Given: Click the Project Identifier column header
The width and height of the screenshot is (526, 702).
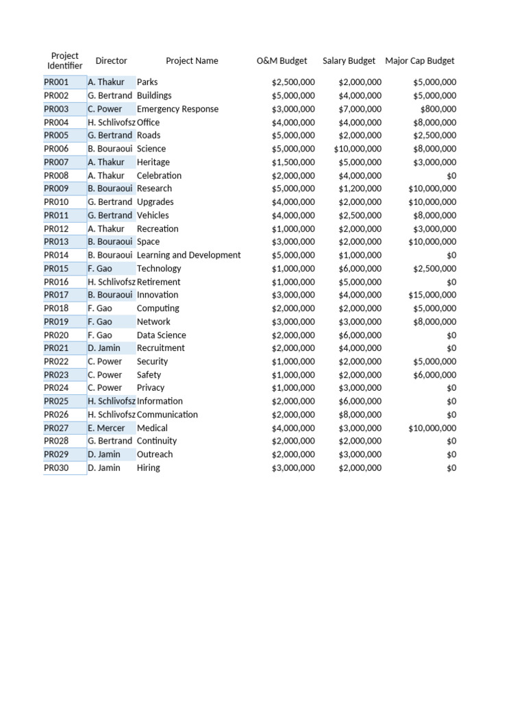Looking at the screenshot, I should pos(64,60).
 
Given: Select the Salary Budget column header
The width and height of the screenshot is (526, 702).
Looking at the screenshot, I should pos(349,60).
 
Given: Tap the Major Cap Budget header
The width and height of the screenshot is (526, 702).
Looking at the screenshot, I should pos(419,60).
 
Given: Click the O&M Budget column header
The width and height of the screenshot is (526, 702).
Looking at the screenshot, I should pos(281,60).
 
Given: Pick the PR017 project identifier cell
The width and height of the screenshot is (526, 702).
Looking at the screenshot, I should pos(56,295).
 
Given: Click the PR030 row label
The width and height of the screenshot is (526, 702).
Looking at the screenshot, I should pos(56,468).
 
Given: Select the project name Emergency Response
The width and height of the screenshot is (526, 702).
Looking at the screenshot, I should pos(177,109).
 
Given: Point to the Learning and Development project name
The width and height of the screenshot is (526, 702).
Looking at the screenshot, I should pos(188,255).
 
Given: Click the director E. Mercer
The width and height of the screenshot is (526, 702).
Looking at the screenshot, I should pos(106,428).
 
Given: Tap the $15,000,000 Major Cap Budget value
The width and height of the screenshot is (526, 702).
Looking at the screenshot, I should pos(431,295).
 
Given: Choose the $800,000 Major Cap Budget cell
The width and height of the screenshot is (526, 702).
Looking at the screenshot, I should pos(438,109).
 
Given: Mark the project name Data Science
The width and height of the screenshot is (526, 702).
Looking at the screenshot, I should pos(161,335).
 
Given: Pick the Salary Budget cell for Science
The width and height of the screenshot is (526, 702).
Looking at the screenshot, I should pos(358,149).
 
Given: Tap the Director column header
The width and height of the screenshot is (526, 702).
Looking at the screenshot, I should pos(111,60).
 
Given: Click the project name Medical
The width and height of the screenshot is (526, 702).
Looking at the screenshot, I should pos(152,428).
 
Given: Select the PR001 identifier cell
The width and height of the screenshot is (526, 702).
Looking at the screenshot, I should pos(56,82).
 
